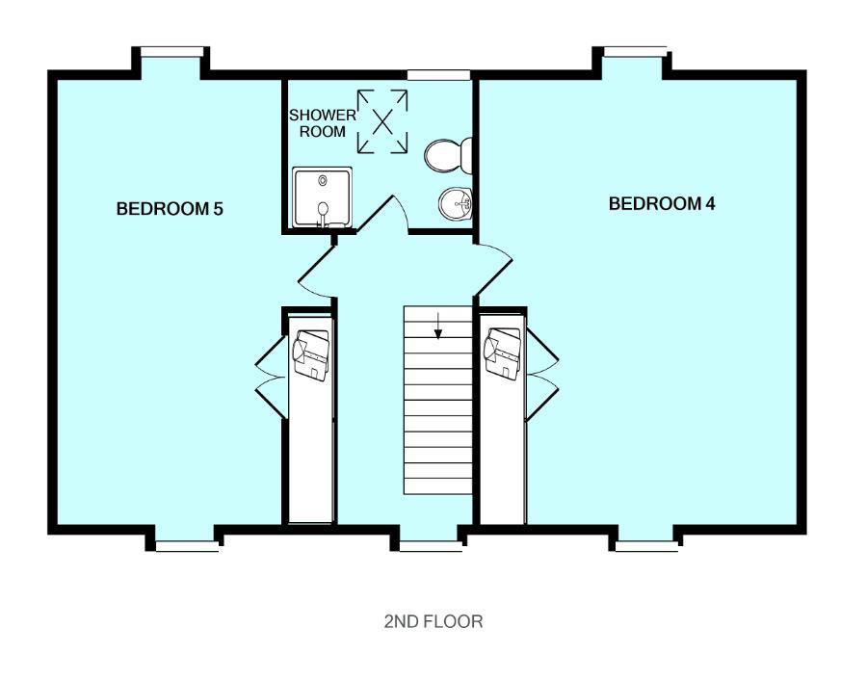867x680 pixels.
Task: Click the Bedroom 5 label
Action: tap(170, 208)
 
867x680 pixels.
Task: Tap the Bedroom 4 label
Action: tap(662, 204)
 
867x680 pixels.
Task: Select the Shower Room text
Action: tap(323, 123)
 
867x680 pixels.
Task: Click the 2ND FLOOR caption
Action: tap(433, 622)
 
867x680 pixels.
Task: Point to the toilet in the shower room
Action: tap(448, 154)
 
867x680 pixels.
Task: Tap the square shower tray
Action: tap(322, 198)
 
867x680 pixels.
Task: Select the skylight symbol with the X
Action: tap(383, 121)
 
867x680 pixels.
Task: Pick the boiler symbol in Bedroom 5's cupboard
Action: tap(311, 353)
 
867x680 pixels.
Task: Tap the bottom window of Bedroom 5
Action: tap(186, 546)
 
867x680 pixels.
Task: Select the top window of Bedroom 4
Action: tap(634, 51)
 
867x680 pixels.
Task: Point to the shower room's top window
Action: tap(438, 74)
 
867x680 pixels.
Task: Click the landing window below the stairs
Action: tap(430, 546)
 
